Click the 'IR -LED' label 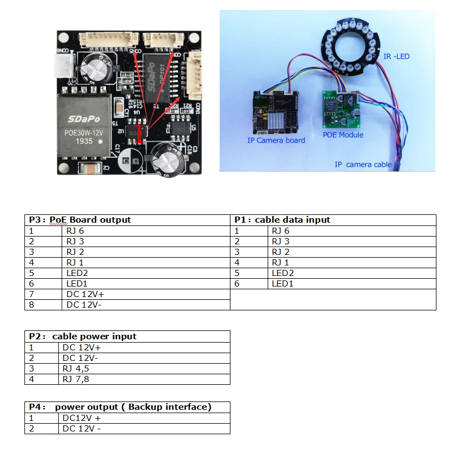pyautogui.click(x=396, y=56)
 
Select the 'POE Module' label pyautogui.click(x=343, y=135)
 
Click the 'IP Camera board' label pyautogui.click(x=276, y=140)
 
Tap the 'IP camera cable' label pyautogui.click(x=363, y=164)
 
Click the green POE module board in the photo pyautogui.click(x=340, y=109)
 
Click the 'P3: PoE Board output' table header pyautogui.click(x=80, y=220)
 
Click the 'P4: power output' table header pyautogui.click(x=120, y=407)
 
